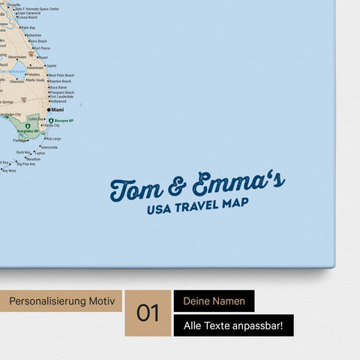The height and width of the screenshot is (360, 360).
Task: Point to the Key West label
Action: click(x=9, y=171)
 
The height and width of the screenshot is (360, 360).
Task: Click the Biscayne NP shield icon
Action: click(x=51, y=120)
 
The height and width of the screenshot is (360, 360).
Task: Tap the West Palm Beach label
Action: click(x=61, y=75)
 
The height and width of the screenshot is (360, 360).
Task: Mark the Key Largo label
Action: click(x=53, y=139)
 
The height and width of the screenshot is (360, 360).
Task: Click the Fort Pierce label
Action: click(x=42, y=48)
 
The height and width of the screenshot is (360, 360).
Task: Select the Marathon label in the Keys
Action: click(x=33, y=159)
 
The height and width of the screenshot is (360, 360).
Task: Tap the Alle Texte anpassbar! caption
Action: click(x=233, y=325)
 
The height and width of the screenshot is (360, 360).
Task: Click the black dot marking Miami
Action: click(x=50, y=109)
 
